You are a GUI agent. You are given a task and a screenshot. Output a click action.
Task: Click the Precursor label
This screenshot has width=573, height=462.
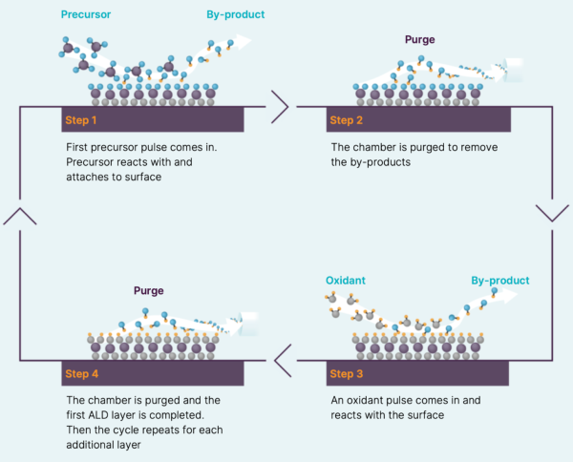pos(86,14)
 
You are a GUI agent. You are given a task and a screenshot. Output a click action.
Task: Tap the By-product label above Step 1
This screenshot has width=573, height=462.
pos(235,14)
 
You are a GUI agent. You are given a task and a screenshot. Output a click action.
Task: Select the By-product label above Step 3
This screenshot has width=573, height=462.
pos(499,281)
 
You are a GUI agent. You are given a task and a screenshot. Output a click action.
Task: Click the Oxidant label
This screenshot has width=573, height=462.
pos(346,281)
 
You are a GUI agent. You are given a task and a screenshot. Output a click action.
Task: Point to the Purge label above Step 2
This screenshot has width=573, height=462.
pos(420,39)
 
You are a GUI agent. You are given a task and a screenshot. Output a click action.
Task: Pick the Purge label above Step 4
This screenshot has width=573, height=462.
pos(148,291)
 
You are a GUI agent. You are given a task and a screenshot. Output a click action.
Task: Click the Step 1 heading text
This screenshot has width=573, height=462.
pos(81,120)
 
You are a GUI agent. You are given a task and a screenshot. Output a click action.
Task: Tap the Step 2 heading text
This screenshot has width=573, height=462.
pos(346,120)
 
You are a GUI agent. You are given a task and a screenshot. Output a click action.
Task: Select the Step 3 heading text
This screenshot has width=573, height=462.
pos(346,374)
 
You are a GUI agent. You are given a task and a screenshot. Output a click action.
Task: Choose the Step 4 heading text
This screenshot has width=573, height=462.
pos(81,374)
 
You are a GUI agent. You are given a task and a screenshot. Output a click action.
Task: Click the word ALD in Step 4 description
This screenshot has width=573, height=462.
pos(98,415)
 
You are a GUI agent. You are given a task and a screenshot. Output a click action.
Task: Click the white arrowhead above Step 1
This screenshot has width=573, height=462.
pos(243,41)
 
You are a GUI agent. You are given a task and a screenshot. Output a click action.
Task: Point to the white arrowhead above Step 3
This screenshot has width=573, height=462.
pos(509,295)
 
